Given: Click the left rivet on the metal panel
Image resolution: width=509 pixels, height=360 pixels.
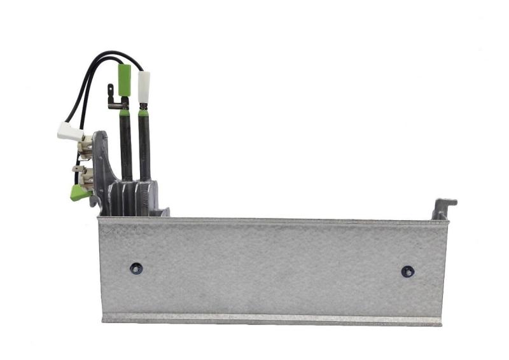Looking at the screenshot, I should click(x=136, y=268).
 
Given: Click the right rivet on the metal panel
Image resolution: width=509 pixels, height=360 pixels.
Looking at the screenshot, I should click(x=407, y=271).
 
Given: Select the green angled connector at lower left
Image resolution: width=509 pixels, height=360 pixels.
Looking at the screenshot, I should click(x=80, y=191).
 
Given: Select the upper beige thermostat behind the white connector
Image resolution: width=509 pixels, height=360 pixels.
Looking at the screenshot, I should click(x=84, y=146).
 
